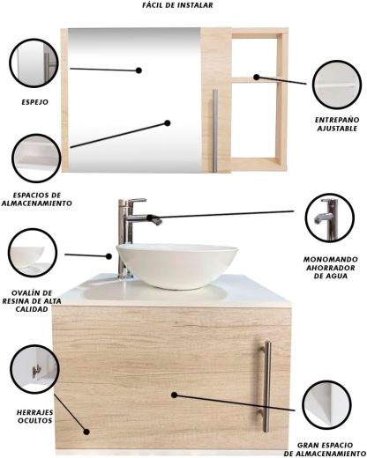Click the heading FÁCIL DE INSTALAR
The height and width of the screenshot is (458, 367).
tap(177, 5)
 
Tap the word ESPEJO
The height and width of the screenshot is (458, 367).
tap(35, 102)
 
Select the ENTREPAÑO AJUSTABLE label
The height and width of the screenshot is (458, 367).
tap(337, 124)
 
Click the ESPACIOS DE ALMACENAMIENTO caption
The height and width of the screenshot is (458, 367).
tap(37, 199)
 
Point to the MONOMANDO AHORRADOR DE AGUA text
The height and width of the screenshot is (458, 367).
tap(331, 268)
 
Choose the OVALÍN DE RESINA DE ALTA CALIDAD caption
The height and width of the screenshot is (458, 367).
tap(32, 301)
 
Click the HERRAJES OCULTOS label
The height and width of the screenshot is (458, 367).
tap(34, 417)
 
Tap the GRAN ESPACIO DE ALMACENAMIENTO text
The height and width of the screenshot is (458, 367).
tap(325, 449)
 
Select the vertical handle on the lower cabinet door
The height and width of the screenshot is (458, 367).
tap(266, 387)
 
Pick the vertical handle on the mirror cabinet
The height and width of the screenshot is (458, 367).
tap(215, 130)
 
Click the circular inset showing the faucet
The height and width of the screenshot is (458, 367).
tap(330, 218)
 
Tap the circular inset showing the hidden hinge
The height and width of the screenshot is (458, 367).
tap(34, 370)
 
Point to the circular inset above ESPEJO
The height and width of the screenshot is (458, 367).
tap(34, 63)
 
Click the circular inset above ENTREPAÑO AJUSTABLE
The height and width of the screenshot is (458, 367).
tap(337, 85)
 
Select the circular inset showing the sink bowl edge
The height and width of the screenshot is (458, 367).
tap(33, 253)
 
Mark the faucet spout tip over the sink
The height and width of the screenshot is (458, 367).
tap(159, 222)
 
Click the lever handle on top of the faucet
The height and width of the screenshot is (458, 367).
tap(136, 202)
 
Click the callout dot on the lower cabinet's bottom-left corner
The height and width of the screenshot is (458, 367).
tap(86, 432)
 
